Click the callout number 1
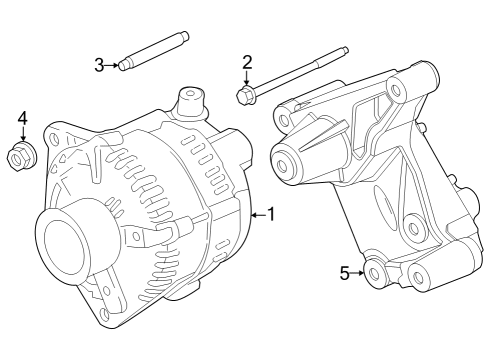[x=271, y=214]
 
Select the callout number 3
[x=99, y=66]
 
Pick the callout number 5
[x=345, y=272]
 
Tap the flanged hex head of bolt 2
[x=245, y=96]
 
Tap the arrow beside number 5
[x=358, y=272]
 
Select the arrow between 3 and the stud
[x=112, y=66]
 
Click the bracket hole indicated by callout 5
[x=374, y=272]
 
